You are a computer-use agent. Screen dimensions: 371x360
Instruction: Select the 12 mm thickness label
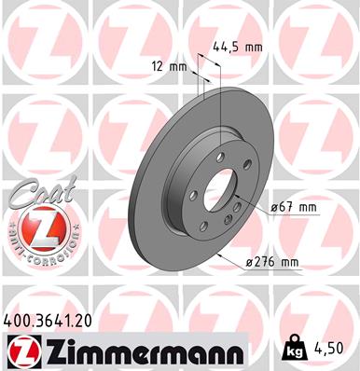(x=169, y=66)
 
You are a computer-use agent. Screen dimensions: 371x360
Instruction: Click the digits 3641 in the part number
(x=57, y=320)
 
